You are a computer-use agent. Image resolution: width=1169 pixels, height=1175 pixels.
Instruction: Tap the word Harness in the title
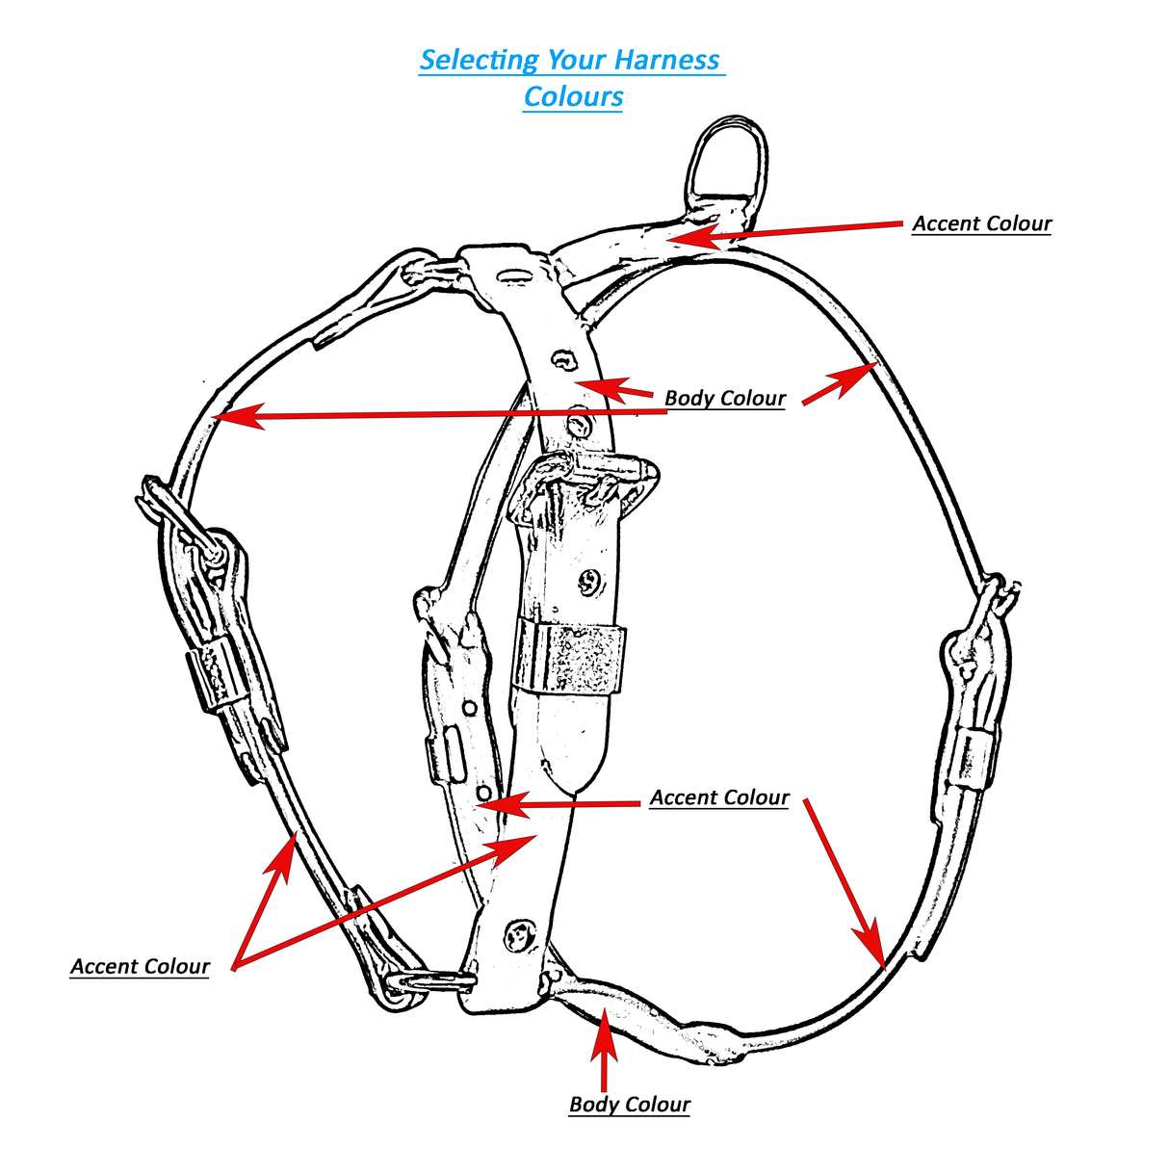click(666, 60)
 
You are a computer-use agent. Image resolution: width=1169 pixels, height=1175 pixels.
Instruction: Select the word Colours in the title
click(573, 96)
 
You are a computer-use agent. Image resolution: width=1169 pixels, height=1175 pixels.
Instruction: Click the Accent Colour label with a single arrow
click(981, 223)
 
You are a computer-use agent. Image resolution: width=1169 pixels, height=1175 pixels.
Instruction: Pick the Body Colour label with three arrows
click(725, 398)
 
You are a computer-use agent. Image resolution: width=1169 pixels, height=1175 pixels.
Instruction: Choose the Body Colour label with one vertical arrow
click(630, 1104)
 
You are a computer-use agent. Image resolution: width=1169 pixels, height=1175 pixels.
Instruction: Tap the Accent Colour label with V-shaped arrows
click(140, 966)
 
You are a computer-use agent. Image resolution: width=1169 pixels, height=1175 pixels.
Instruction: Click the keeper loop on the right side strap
click(968, 757)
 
